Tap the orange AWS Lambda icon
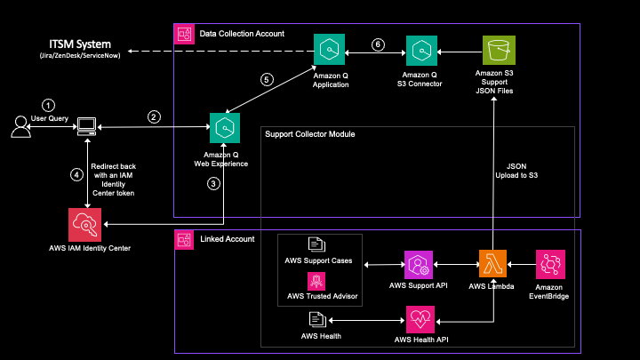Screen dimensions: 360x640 (495, 265)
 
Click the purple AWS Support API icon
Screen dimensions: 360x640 (419, 265)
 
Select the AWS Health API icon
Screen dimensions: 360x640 (419, 319)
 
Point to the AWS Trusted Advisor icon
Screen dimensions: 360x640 (316, 281)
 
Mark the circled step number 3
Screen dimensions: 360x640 (212, 183)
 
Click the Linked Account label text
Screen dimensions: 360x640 (227, 239)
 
